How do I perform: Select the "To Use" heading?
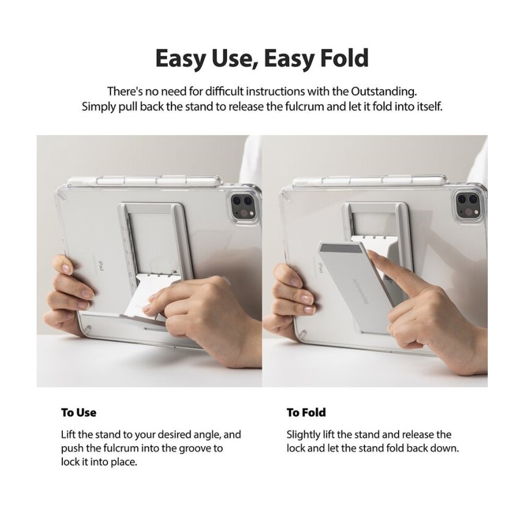(79, 413)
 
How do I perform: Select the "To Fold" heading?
(306, 413)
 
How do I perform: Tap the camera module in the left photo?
(239, 205)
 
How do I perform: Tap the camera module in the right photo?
(468, 205)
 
